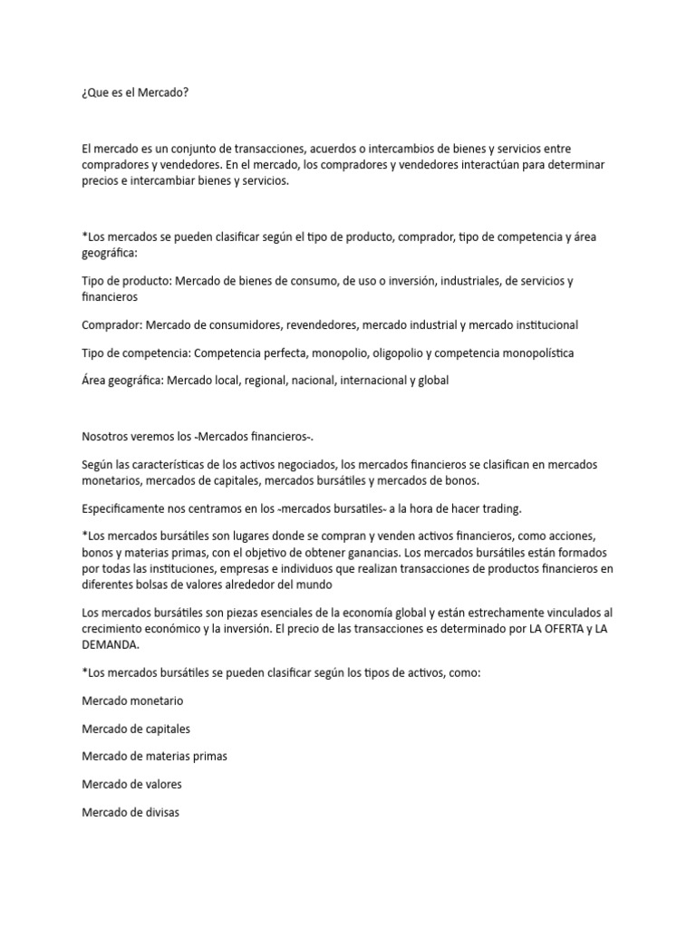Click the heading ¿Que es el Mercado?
(135, 92)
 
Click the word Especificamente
(123, 508)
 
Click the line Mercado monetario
(132, 701)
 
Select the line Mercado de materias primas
(154, 757)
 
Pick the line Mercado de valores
(131, 784)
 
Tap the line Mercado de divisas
(130, 812)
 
